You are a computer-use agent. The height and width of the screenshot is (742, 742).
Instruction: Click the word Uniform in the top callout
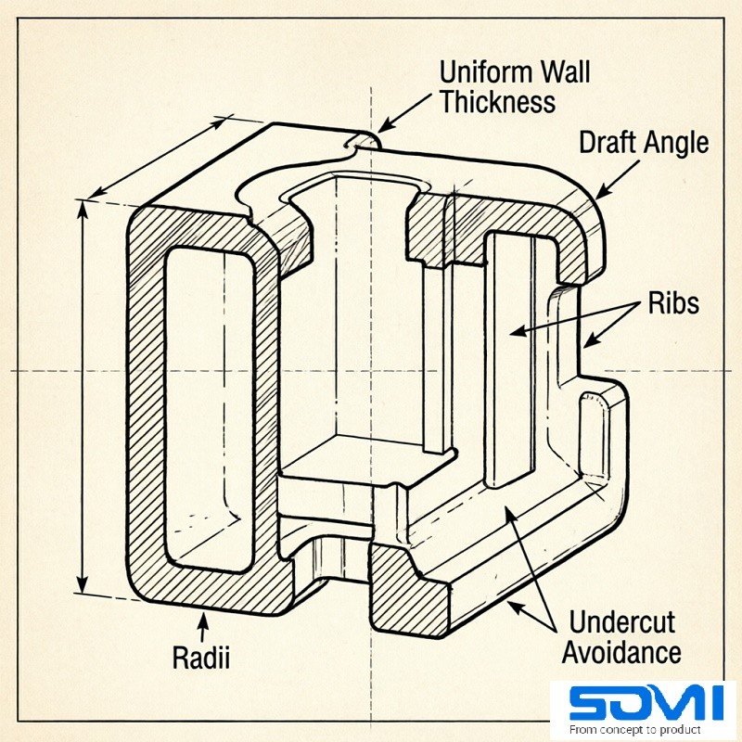pos(482,72)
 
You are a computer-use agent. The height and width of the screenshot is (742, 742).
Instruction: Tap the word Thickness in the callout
pos(498,101)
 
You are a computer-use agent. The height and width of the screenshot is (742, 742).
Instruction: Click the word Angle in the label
pos(677,143)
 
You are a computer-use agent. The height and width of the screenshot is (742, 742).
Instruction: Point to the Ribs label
pos(674,303)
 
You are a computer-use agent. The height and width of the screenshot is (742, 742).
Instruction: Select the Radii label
pos(201,658)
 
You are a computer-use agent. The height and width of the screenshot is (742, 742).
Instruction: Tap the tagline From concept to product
pos(635,729)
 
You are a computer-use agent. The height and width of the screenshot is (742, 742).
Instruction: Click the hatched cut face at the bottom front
pos(408,594)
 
